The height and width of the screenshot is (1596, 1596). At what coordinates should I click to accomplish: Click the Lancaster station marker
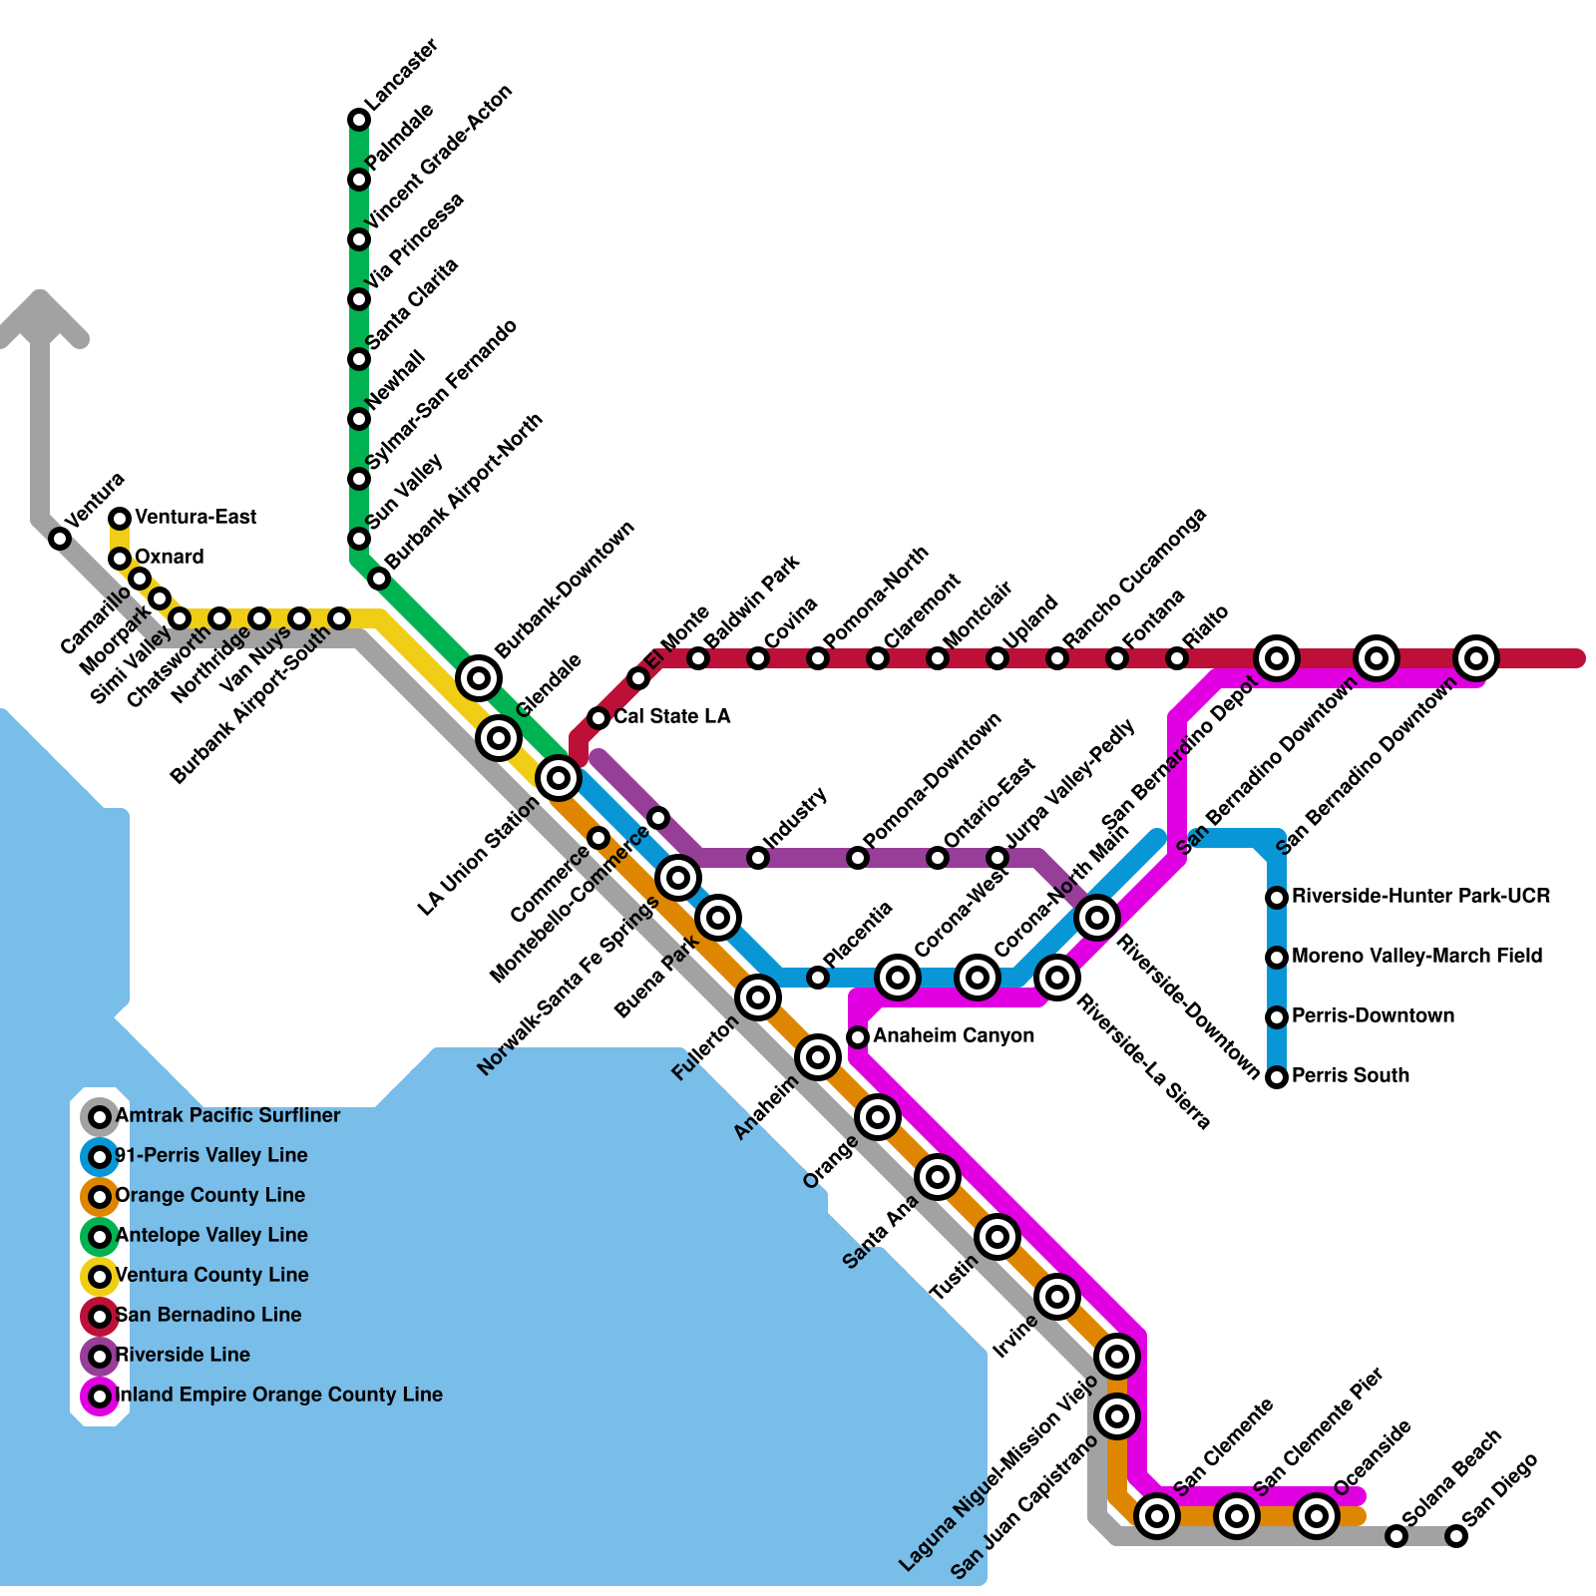coord(359,120)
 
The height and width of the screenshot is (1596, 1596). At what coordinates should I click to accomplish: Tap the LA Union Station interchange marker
coord(559,777)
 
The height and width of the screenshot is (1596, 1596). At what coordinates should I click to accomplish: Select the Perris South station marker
coord(1277,1077)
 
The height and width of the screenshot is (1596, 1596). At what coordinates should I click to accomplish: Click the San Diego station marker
coord(1456,1536)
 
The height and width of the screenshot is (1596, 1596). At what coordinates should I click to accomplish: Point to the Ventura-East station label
coord(196,517)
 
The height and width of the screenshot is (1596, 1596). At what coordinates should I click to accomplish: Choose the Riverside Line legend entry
coord(183,1355)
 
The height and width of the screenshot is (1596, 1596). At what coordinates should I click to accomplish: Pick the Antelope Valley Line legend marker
coord(100,1237)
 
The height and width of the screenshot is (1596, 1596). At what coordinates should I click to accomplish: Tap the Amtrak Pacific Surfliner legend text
coord(227,1115)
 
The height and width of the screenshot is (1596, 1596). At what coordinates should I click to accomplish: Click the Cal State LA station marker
coord(598,718)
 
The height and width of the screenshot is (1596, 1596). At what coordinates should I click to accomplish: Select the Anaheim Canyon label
coord(954,1035)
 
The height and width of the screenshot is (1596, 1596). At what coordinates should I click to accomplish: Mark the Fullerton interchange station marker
coord(758,997)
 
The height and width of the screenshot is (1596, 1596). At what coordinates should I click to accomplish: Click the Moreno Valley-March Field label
coord(1416,956)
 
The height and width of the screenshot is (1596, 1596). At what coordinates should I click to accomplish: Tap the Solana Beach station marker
coord(1396,1536)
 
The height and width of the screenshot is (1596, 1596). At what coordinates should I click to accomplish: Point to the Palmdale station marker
coord(359,180)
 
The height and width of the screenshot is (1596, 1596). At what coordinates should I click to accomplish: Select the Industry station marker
coord(758,858)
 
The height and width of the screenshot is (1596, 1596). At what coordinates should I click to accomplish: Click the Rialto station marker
coord(1177,658)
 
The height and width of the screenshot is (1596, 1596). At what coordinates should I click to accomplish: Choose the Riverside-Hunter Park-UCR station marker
coord(1277,898)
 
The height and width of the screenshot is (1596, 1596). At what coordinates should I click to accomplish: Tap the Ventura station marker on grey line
coord(60,539)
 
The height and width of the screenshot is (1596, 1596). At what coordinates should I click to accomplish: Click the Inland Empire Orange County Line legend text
coord(279,1395)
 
